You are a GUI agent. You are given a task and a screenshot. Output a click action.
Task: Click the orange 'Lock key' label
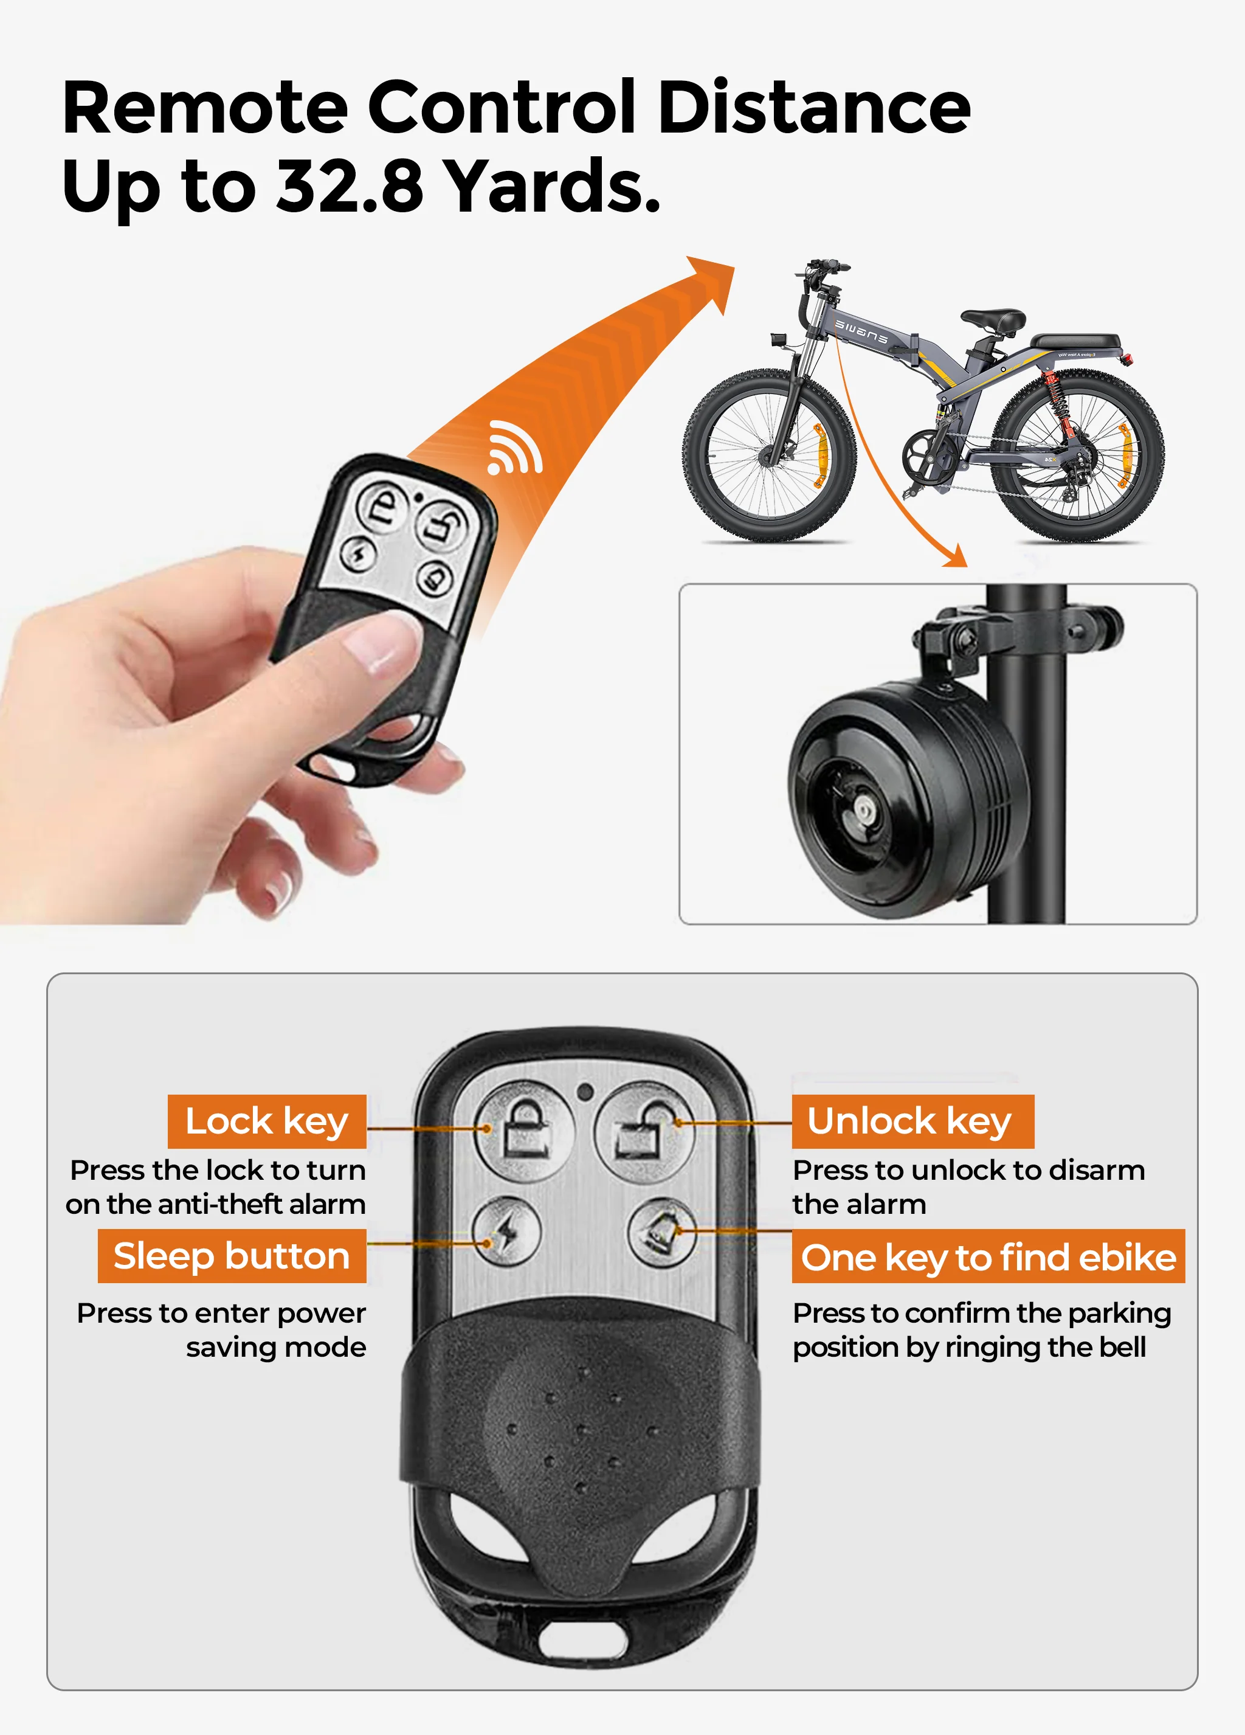[x=267, y=1121]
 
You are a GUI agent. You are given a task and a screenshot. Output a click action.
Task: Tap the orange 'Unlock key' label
[x=912, y=1121]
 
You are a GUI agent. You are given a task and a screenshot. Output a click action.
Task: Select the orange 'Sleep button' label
[x=232, y=1256]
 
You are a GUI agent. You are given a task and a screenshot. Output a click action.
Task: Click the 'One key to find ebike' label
[x=988, y=1257]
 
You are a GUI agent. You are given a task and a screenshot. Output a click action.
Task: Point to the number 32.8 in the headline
[x=349, y=186]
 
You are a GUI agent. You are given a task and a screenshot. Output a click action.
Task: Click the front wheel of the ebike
[x=770, y=456]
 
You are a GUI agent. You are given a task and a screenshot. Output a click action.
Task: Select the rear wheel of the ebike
[x=1078, y=456]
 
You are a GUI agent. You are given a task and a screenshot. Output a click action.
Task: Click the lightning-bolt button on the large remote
[x=506, y=1231]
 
